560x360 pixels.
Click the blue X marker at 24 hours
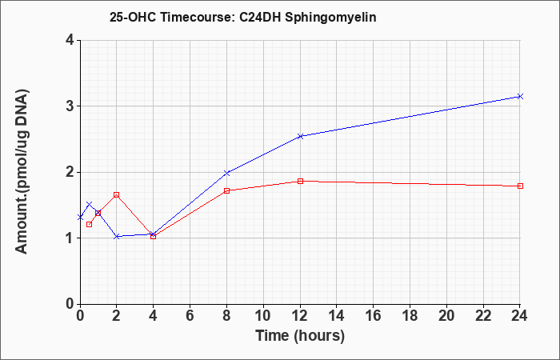(x=520, y=97)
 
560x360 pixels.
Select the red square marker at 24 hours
(x=520, y=186)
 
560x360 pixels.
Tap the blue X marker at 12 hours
(x=300, y=136)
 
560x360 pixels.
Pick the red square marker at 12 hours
(x=300, y=181)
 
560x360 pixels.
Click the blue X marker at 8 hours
(x=226, y=173)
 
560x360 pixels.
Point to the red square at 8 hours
(x=226, y=190)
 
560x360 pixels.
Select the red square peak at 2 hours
(x=117, y=194)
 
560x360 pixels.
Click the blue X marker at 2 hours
(x=117, y=237)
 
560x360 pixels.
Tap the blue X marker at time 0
(x=80, y=217)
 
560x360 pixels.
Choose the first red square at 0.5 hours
(x=90, y=224)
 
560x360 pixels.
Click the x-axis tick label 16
(x=374, y=316)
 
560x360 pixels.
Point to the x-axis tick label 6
(x=190, y=316)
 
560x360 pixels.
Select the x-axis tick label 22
(x=483, y=316)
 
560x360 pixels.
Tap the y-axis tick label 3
(x=70, y=106)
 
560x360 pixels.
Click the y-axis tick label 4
(x=70, y=40)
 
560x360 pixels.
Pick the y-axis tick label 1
(x=70, y=238)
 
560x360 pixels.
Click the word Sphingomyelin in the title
(x=330, y=18)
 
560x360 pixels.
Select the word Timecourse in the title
(x=197, y=17)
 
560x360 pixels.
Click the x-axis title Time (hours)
(x=300, y=336)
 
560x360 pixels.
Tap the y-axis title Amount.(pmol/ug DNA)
(x=22, y=171)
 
